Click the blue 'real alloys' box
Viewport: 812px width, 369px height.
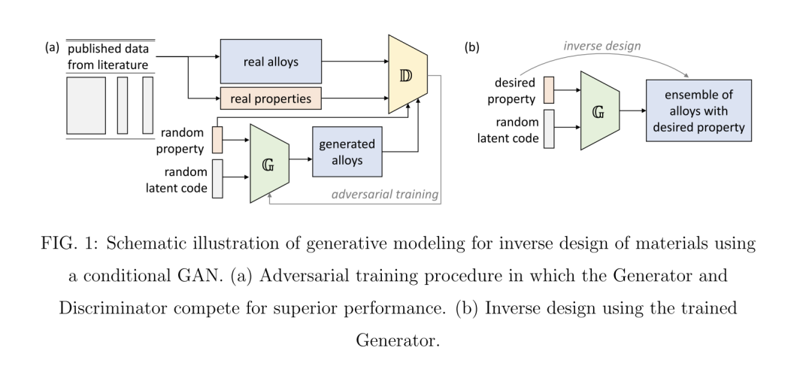pyautogui.click(x=271, y=61)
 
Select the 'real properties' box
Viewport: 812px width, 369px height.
pyautogui.click(x=271, y=98)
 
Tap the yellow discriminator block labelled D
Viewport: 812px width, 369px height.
pyautogui.click(x=408, y=74)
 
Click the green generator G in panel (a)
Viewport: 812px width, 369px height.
pyautogui.click(x=269, y=164)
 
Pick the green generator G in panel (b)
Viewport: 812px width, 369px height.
pyautogui.click(x=600, y=110)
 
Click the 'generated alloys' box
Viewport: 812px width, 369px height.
pyautogui.click(x=347, y=152)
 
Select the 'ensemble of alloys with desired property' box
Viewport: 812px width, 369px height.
pyautogui.click(x=698, y=110)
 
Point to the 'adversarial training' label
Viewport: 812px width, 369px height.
pyautogui.click(x=385, y=194)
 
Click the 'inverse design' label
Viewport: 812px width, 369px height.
pyautogui.click(x=601, y=46)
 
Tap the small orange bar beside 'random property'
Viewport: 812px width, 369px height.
pyautogui.click(x=217, y=140)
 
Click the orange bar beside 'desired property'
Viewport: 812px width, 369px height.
pyautogui.click(x=549, y=90)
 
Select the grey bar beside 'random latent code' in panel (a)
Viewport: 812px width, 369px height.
pyautogui.click(x=217, y=179)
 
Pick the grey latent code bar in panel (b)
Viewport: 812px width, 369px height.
pyautogui.click(x=549, y=129)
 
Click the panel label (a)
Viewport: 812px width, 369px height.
pyautogui.click(x=53, y=47)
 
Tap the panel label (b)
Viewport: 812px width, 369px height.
pyautogui.click(x=471, y=47)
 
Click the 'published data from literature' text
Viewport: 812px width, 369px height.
pyautogui.click(x=108, y=56)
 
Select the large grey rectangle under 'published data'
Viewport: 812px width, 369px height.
pyautogui.click(x=86, y=105)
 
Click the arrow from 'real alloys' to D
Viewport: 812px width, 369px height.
pyautogui.click(x=355, y=61)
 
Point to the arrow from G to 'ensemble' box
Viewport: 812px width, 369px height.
pyautogui.click(x=633, y=110)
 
